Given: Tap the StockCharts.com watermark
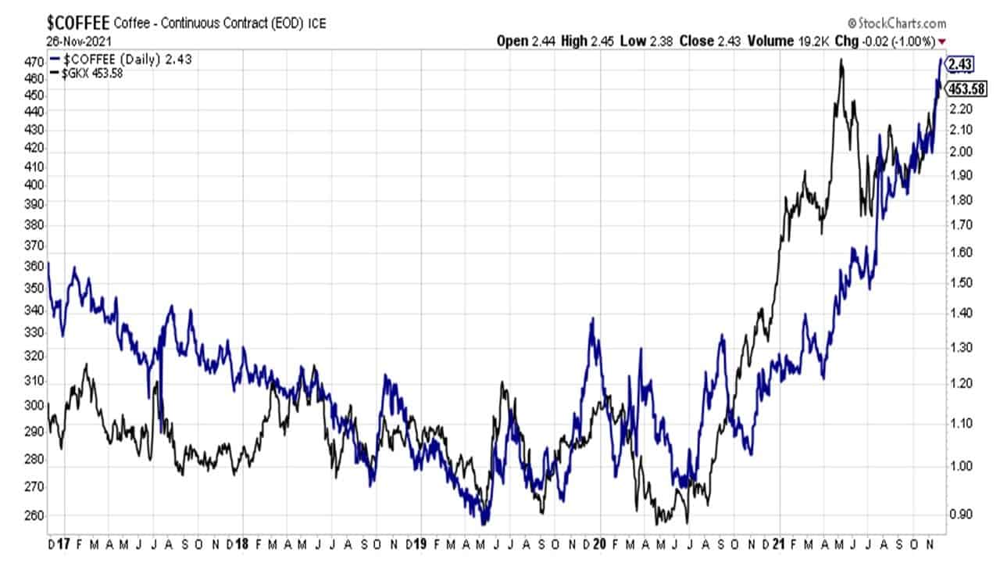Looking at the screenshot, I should pos(895,23).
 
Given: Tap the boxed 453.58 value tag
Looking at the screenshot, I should pos(964,88).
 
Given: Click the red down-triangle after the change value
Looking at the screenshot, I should pos(942,41).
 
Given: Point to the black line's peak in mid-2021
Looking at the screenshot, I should pos(841,60).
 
